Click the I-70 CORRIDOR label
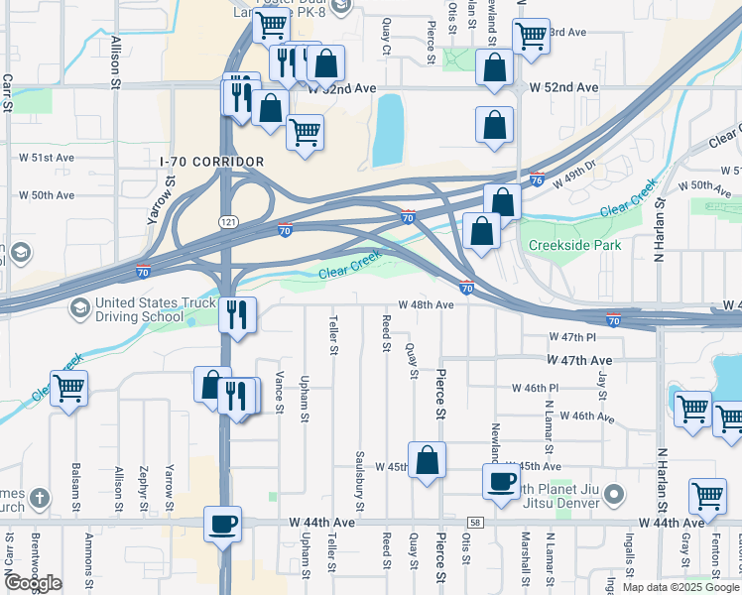[212, 162]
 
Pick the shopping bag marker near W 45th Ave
[427, 460]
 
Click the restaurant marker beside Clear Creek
[238, 315]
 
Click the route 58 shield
[477, 523]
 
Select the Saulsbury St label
[359, 469]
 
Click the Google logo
[33, 583]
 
